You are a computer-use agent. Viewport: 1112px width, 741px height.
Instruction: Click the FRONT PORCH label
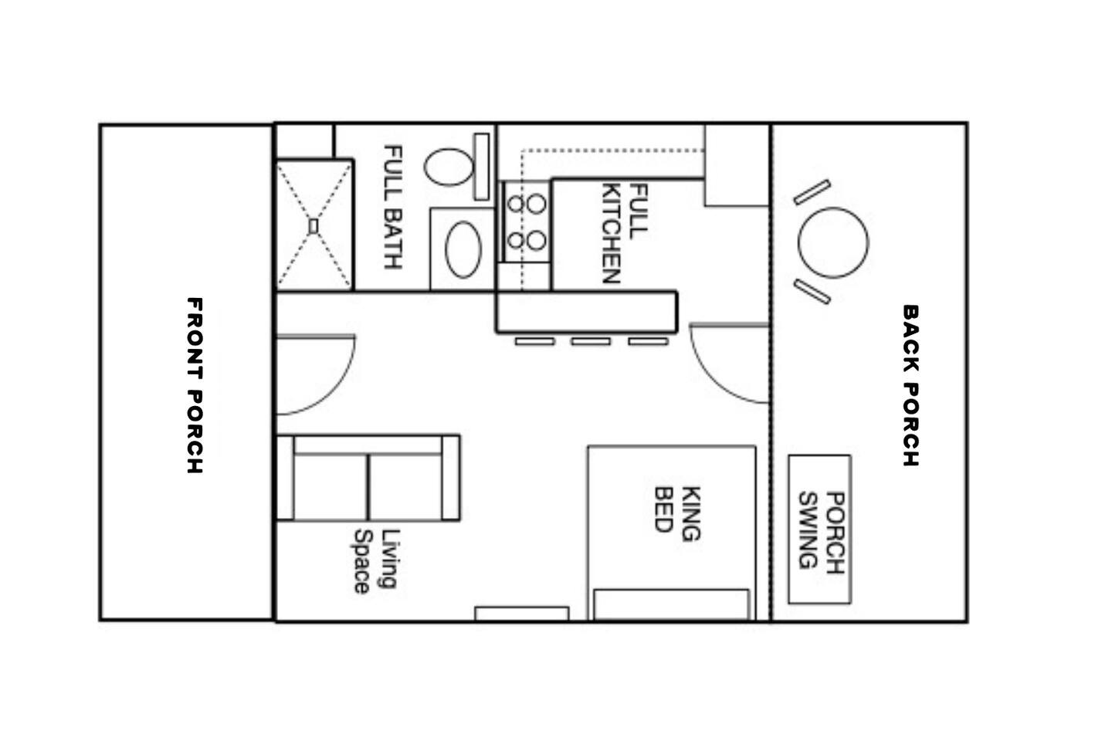[x=195, y=386]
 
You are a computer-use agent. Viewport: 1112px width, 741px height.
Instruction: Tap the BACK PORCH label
[x=910, y=386]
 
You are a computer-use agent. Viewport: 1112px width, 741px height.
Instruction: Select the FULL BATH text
[x=393, y=207]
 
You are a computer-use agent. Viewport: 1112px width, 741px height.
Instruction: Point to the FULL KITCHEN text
[x=625, y=233]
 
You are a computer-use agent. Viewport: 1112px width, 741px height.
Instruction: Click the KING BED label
[x=678, y=513]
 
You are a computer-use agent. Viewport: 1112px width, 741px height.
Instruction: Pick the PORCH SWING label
[x=821, y=530]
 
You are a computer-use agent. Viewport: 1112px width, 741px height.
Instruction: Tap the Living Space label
[x=377, y=561]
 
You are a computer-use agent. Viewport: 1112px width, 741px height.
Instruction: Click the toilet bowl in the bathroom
[x=449, y=167]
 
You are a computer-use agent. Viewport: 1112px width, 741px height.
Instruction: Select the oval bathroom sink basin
[x=463, y=249]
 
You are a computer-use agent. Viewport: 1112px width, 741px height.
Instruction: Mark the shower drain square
[x=314, y=226]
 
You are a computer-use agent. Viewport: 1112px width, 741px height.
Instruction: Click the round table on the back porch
[x=833, y=242]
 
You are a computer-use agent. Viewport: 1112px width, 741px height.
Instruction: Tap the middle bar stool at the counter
[x=591, y=341]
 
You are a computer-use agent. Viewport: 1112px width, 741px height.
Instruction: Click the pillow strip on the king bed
[x=672, y=604]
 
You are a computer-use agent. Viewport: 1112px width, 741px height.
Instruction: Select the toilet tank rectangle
[x=482, y=167]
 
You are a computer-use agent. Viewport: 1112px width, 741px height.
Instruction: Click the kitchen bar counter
[x=587, y=312]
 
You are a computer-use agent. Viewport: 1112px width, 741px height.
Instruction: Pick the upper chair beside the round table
[x=812, y=192]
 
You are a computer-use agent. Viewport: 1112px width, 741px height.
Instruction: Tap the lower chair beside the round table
[x=812, y=292]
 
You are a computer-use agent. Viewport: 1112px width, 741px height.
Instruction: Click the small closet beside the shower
[x=304, y=141]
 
